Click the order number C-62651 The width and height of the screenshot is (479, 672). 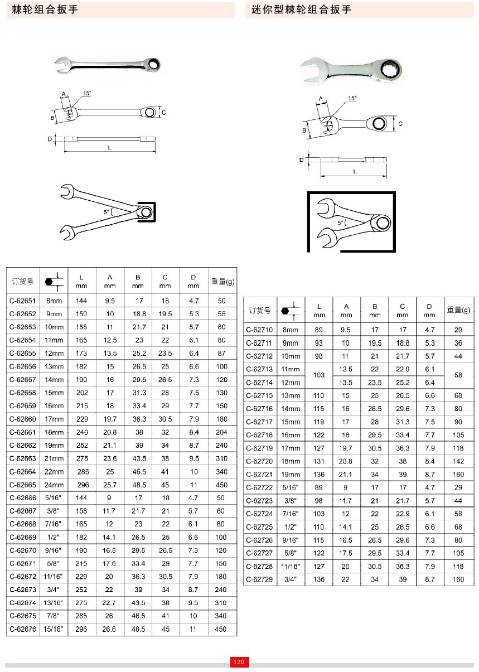click(23, 301)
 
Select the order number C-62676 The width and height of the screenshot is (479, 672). click(23, 629)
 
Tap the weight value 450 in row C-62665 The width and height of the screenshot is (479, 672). click(221, 485)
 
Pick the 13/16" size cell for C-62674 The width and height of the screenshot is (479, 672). click(54, 603)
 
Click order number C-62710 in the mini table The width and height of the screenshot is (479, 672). click(259, 330)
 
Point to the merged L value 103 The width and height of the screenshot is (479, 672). click(319, 375)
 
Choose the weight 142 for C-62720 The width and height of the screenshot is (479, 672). click(458, 461)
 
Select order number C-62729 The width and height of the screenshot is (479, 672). click(259, 579)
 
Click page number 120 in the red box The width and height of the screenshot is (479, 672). click(239, 662)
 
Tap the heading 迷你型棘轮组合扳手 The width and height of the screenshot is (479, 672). click(302, 9)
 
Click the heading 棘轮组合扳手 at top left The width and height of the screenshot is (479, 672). click(45, 9)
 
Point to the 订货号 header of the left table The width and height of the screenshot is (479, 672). click(23, 281)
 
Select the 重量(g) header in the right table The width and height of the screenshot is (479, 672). click(458, 310)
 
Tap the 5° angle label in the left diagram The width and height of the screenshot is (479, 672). click(106, 212)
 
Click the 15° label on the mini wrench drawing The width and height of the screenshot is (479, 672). click(352, 98)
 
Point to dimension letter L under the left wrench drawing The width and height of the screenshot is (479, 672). click(109, 148)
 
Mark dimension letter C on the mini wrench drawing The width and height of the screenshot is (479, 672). click(400, 123)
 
